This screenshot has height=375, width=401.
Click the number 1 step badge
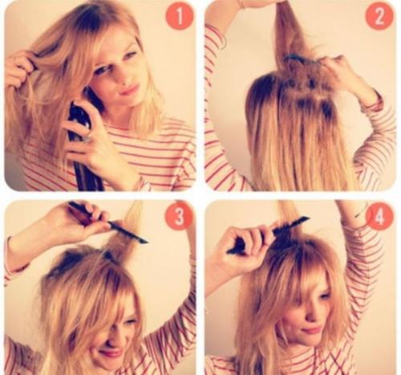coord(180,16)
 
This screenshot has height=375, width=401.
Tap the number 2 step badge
coord(379,16)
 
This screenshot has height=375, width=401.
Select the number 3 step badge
coord(179,216)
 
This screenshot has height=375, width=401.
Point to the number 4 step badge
coord(379,216)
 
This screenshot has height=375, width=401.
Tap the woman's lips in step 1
coord(130,90)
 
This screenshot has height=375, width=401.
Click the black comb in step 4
coord(267,235)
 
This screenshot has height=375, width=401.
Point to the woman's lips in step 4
coord(310,329)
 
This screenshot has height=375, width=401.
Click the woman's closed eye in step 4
coord(324,296)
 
